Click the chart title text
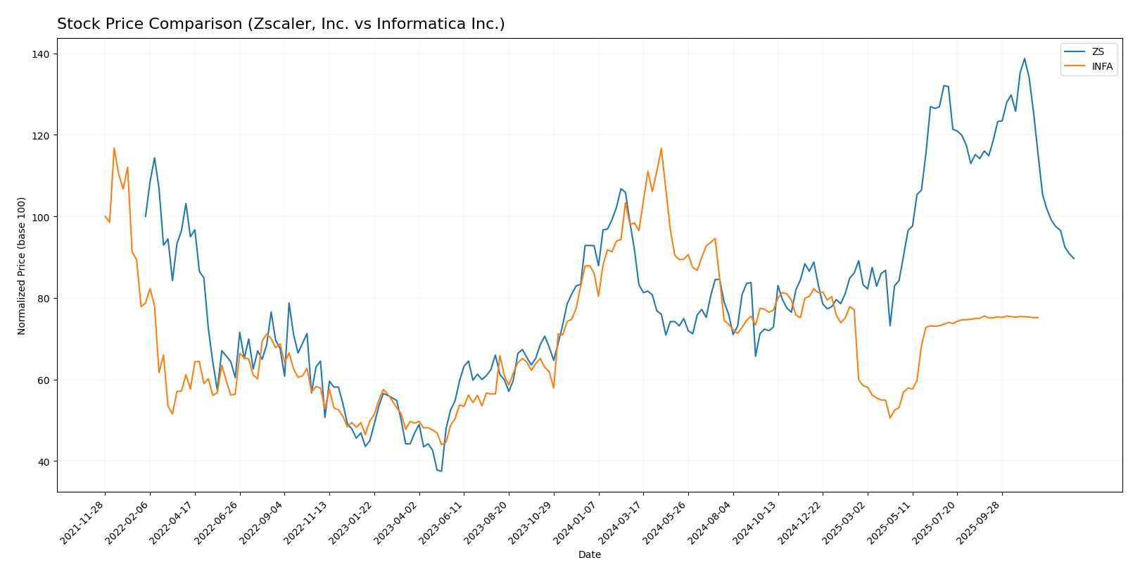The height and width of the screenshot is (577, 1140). [x=281, y=25]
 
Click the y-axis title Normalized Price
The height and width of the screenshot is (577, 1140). [x=22, y=266]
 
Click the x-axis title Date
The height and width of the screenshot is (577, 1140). [x=589, y=555]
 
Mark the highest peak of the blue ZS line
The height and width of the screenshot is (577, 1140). [x=1024, y=59]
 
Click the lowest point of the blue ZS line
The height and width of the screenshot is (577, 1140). [x=441, y=471]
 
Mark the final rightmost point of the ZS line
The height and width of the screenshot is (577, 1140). [x=1074, y=259]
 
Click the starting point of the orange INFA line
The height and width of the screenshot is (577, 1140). [x=105, y=216]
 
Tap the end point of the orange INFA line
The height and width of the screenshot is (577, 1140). [x=1038, y=318]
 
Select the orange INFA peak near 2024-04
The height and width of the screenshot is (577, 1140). [x=661, y=149]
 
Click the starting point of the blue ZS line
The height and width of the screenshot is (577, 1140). [x=146, y=216]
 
